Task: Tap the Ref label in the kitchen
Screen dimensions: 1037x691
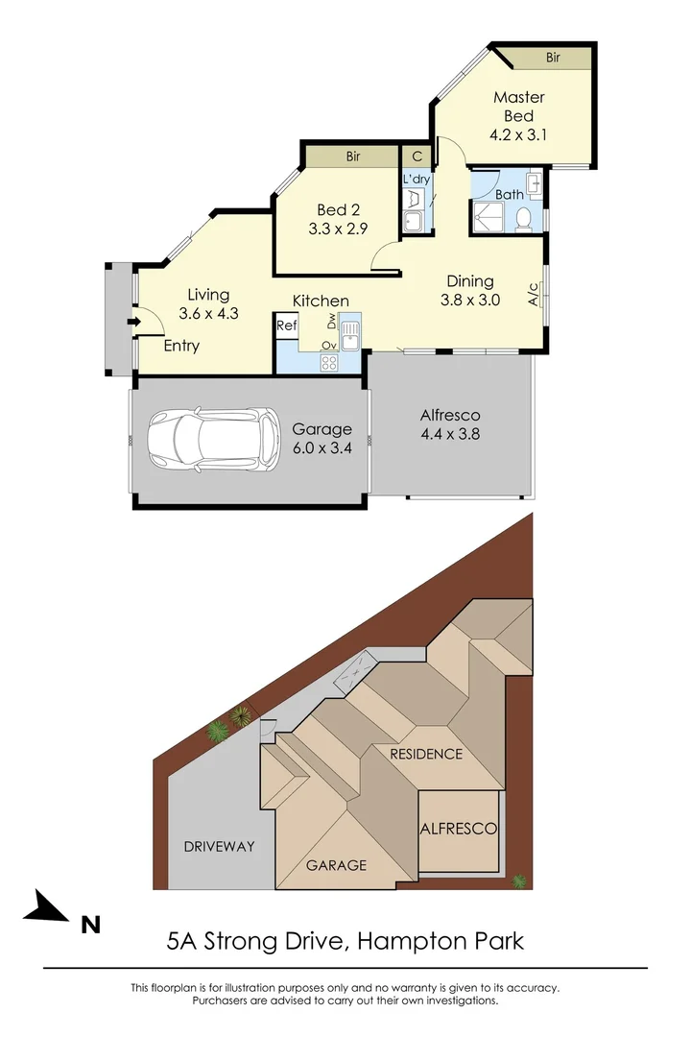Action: point(286,326)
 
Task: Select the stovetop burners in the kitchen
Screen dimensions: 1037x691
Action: point(329,362)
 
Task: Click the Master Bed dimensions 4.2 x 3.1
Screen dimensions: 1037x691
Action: point(518,134)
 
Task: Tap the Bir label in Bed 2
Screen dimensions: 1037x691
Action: point(352,157)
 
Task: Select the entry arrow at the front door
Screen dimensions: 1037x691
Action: point(131,323)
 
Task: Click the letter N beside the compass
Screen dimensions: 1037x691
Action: point(91,925)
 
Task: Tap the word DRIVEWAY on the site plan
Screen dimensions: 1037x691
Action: point(219,846)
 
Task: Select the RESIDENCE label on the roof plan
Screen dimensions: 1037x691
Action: point(426,754)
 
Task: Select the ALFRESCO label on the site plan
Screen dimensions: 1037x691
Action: point(458,828)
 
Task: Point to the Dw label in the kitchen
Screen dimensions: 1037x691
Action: point(331,320)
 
